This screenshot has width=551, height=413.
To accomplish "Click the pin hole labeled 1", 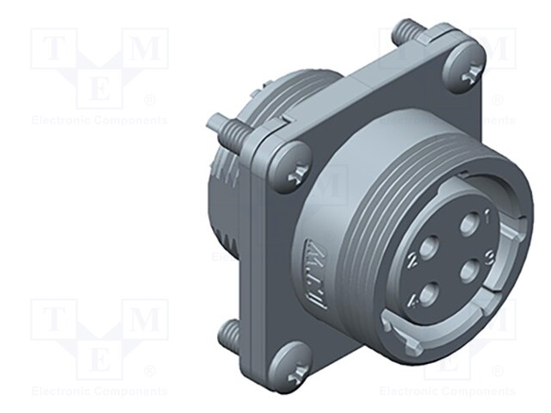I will pyautogui.click(x=468, y=226).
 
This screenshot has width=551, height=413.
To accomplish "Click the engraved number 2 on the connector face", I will pyautogui.click(x=415, y=257).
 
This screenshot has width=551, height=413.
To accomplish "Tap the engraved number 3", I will pyautogui.click(x=488, y=256).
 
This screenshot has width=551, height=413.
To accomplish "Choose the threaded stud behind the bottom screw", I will pyautogui.click(x=233, y=332).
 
